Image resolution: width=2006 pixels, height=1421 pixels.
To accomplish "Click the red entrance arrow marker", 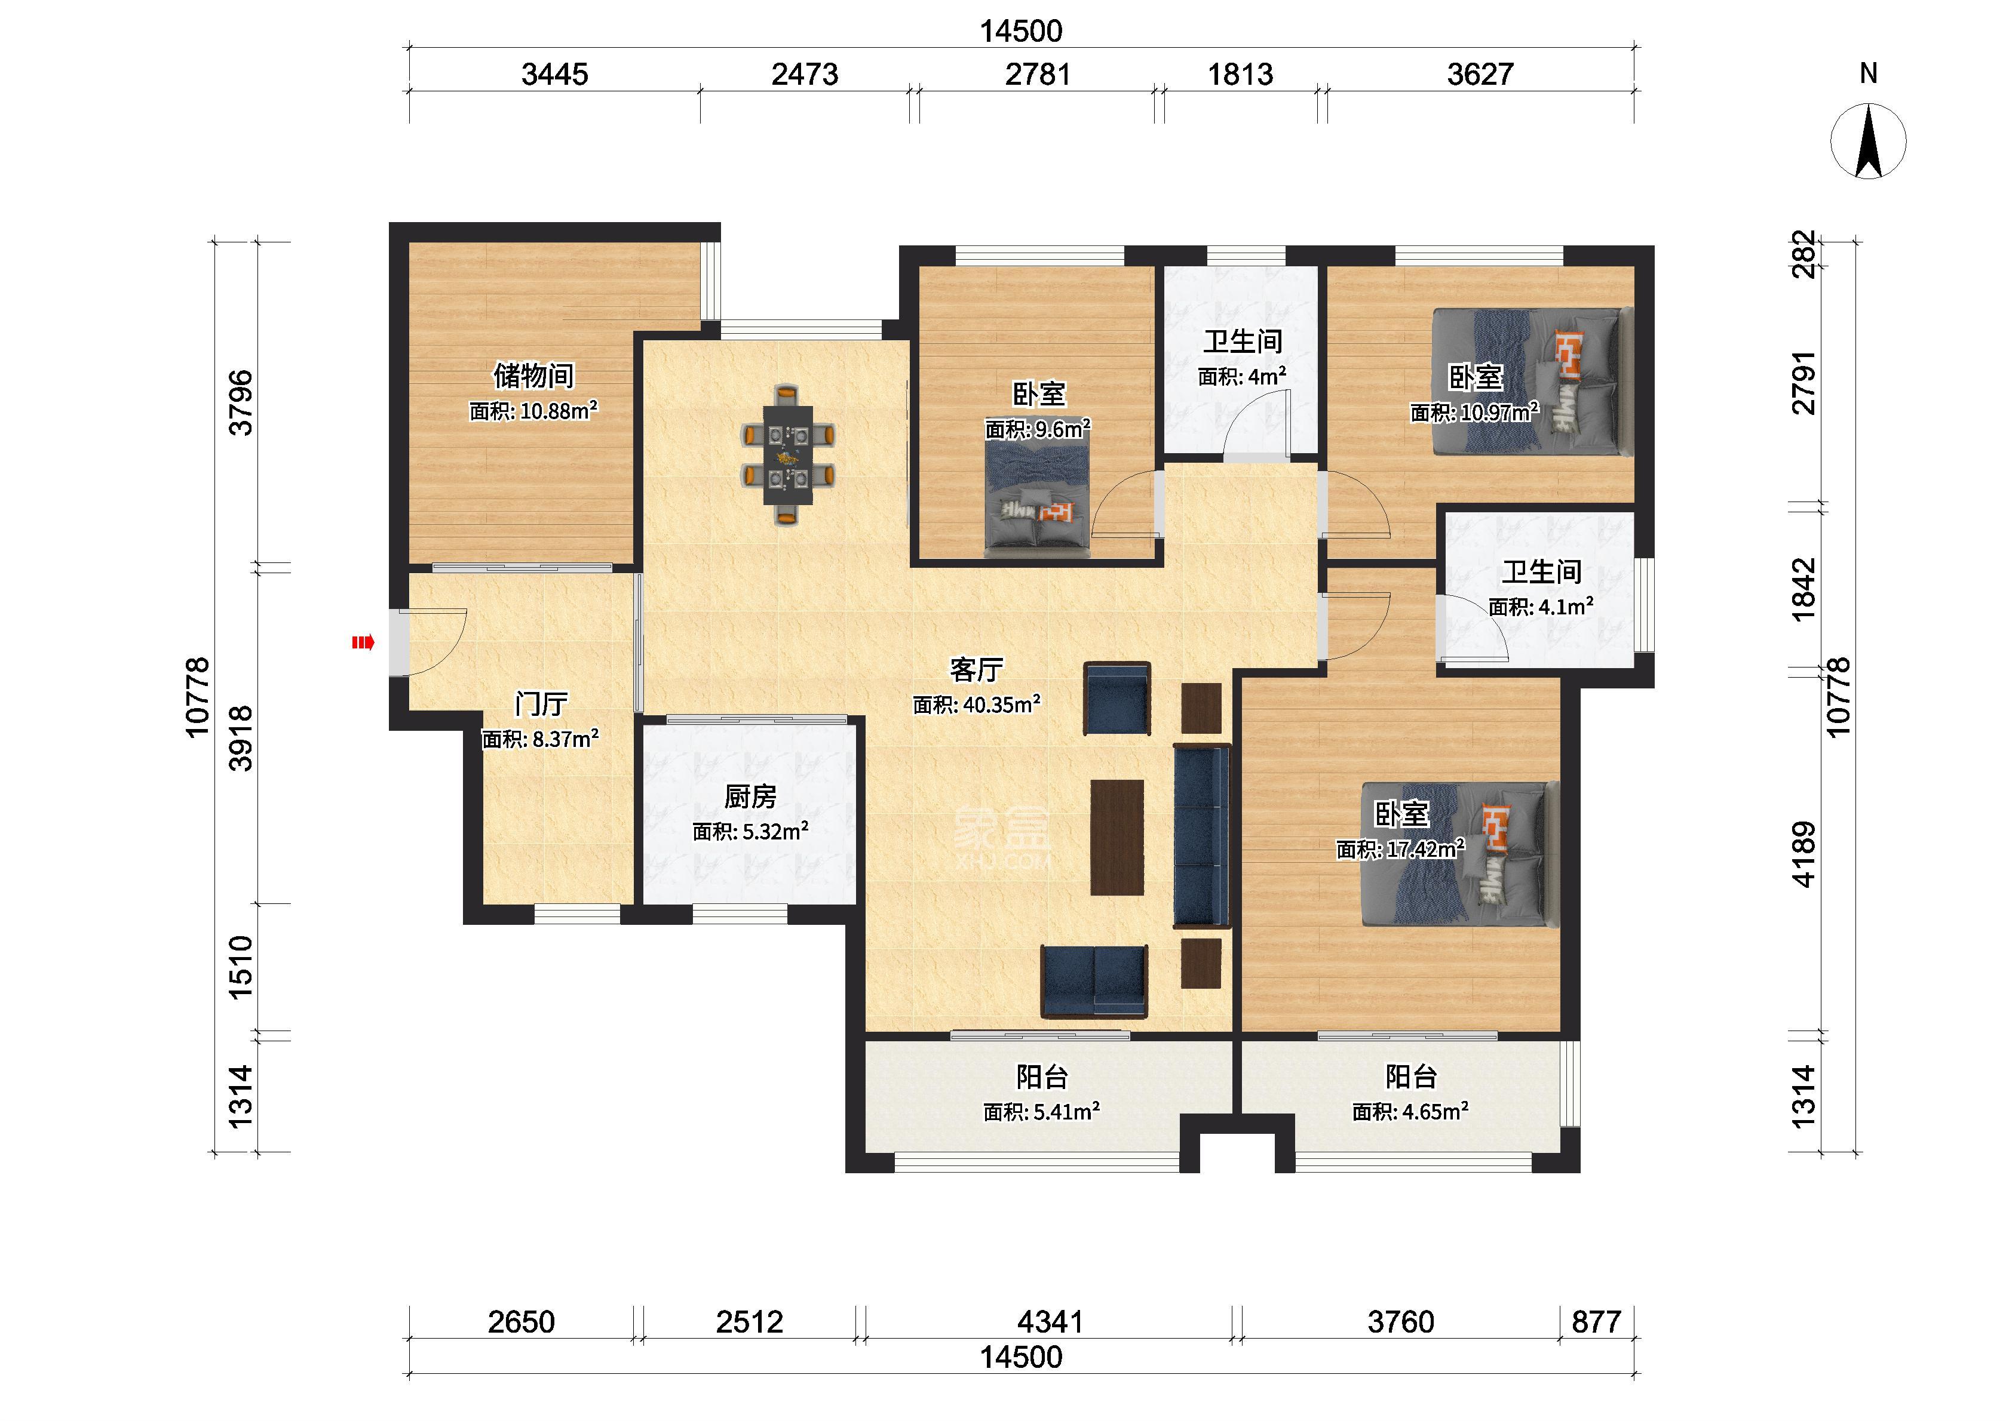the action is (x=363, y=643).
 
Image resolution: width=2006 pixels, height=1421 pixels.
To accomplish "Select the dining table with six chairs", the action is (x=788, y=454).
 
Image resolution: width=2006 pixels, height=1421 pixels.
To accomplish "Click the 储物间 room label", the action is (x=534, y=376).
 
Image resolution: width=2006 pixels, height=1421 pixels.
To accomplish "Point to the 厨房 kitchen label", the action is (x=750, y=796).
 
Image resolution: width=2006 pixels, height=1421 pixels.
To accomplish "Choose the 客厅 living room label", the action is (x=976, y=669).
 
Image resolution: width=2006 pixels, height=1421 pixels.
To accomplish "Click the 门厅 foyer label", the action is (x=541, y=703).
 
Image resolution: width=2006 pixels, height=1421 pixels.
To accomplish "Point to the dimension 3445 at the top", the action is (x=555, y=75).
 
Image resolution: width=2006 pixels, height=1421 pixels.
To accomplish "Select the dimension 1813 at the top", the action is (x=1240, y=75).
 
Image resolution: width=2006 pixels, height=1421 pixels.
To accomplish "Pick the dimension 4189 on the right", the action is (x=1805, y=855).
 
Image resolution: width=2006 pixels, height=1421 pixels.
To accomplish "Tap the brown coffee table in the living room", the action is (x=1117, y=837).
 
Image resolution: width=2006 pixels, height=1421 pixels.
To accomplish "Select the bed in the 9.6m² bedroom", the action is (x=1038, y=499).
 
